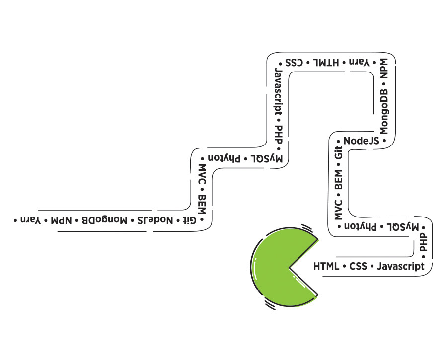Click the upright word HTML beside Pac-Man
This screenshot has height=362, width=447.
(x=326, y=267)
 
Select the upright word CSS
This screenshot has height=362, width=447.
(x=358, y=267)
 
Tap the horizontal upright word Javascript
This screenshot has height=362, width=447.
(x=400, y=267)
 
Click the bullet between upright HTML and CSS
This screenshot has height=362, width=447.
(x=344, y=267)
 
